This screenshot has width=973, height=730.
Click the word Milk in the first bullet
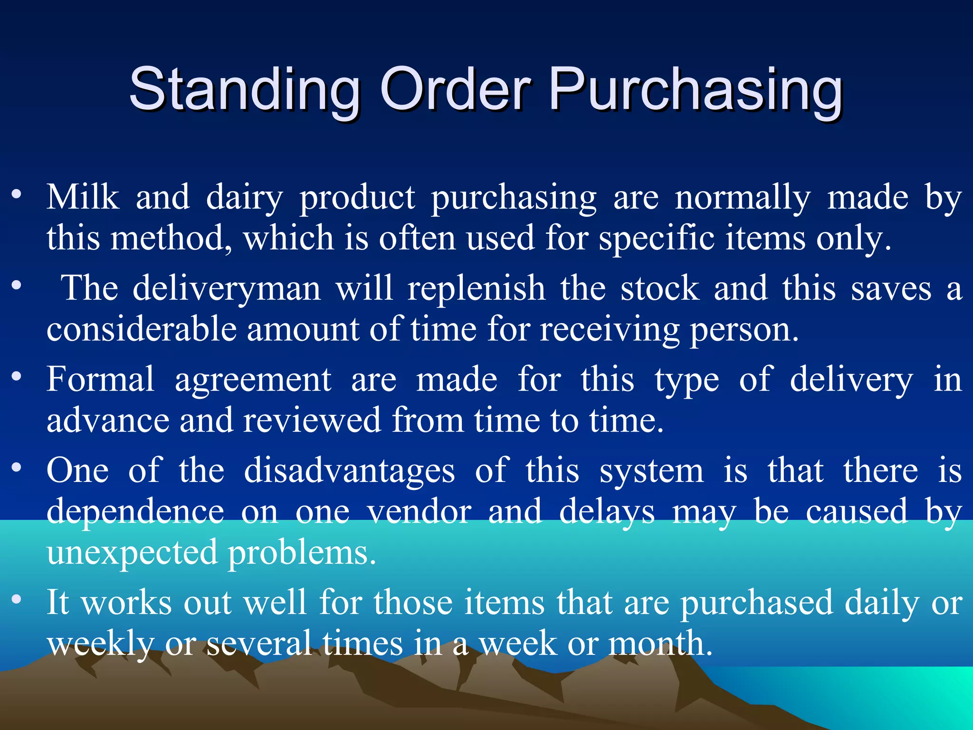pyautogui.click(x=83, y=197)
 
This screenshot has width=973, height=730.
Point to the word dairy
pyautogui.click(x=244, y=198)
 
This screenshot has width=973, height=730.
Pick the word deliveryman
pyautogui.click(x=227, y=289)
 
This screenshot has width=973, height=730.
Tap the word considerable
pyautogui.click(x=142, y=329)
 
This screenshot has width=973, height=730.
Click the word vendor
pyautogui.click(x=419, y=511)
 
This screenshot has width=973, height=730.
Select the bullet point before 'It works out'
pyautogui.click(x=17, y=599)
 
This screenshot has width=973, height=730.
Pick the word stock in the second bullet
pyautogui.click(x=660, y=289)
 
